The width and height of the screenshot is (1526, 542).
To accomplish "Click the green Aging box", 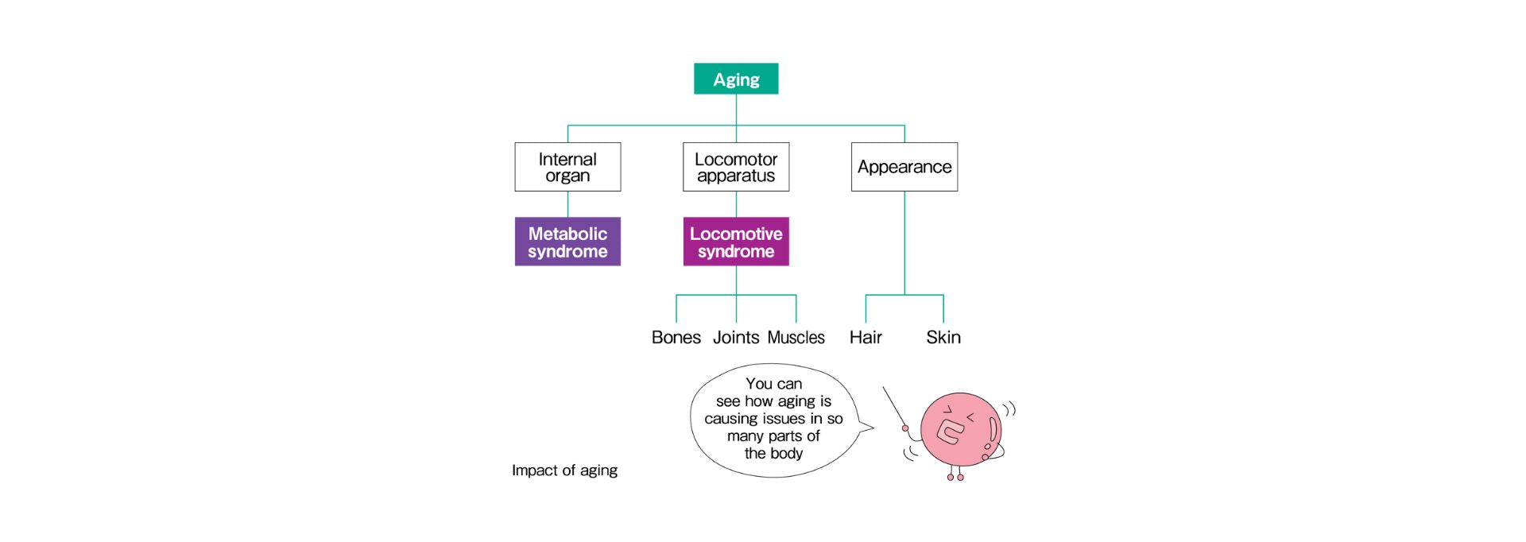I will tap(736, 79).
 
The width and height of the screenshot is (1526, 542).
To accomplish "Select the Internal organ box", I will tap(567, 167).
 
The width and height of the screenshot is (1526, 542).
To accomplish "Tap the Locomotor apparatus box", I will tap(736, 167).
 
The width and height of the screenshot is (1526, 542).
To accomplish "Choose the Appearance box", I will tap(904, 167).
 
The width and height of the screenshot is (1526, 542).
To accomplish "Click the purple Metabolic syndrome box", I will tap(567, 242).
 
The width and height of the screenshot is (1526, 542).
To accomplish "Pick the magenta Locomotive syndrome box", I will tap(736, 242).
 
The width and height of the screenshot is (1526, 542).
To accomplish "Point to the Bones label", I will tap(676, 337).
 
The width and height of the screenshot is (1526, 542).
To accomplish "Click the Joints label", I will tap(736, 337).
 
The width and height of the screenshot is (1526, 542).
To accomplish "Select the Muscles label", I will tap(796, 337).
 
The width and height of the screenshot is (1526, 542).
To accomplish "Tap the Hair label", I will tap(866, 337).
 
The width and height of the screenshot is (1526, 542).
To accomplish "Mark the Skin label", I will tap(943, 337).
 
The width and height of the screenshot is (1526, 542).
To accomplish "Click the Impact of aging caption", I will tap(564, 470).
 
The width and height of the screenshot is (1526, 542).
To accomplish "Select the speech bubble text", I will tap(773, 419).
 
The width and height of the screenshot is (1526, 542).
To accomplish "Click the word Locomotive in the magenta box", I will tap(736, 234).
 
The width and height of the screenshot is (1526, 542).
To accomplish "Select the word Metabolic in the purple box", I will tap(567, 234).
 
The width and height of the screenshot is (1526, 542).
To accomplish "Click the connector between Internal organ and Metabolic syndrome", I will tap(567, 204).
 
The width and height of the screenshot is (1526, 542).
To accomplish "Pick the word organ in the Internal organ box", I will tap(567, 176).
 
